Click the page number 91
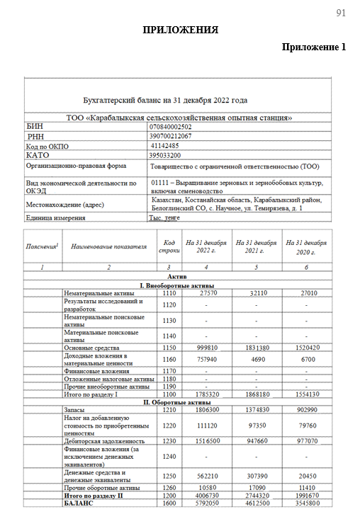click(x=340, y=13)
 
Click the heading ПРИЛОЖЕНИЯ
click(x=180, y=30)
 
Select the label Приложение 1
click(x=313, y=47)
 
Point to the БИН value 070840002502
click(x=171, y=127)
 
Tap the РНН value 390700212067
click(x=170, y=136)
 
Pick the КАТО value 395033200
click(x=164, y=155)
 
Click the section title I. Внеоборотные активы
click(x=179, y=285)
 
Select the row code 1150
click(x=169, y=348)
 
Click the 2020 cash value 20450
click(x=306, y=477)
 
